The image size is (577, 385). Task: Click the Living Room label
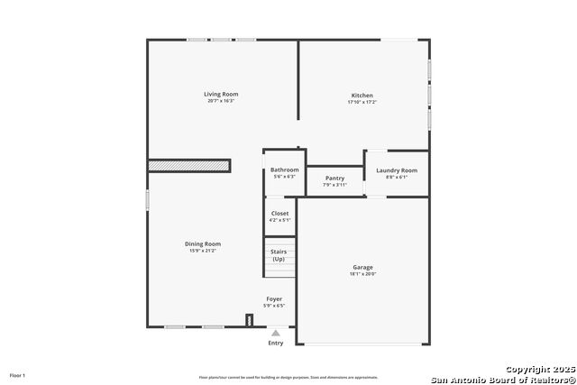tap(221, 94)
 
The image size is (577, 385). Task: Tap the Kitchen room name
tap(362, 96)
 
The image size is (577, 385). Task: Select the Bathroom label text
tap(284, 170)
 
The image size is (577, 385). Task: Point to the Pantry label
tap(334, 179)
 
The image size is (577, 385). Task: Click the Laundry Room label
tap(397, 170)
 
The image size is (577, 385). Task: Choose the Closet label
tap(279, 213)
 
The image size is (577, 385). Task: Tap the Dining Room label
tap(203, 243)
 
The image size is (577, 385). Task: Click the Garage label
tap(362, 267)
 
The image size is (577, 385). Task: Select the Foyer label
tap(274, 298)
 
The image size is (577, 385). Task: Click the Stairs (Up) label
tap(279, 255)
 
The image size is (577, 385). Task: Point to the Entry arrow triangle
tap(276, 333)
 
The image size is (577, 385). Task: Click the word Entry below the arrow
tap(276, 343)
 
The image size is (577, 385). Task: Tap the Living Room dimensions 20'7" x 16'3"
tap(221, 101)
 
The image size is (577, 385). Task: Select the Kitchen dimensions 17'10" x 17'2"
tap(362, 103)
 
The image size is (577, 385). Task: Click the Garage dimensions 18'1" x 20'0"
tap(362, 274)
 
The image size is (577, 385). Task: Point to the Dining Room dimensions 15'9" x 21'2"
tap(203, 251)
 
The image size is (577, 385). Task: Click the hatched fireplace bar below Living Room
tap(189, 166)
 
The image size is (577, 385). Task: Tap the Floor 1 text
tap(18, 375)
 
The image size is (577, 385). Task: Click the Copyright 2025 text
tap(538, 370)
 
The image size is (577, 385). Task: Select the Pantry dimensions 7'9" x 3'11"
tap(334, 186)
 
